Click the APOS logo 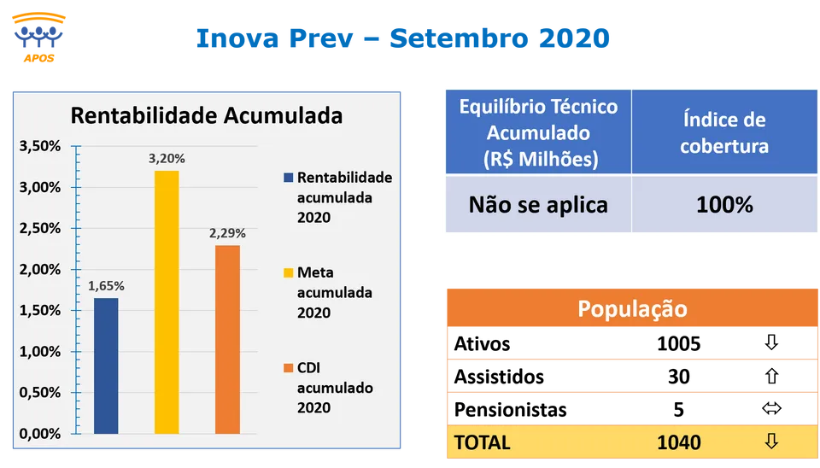pyautogui.click(x=38, y=38)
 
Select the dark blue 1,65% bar pyautogui.click(x=106, y=366)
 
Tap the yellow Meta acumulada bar pyautogui.click(x=167, y=302)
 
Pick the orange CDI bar pyautogui.click(x=227, y=340)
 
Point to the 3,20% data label pyautogui.click(x=167, y=159)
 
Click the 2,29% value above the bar pyautogui.click(x=227, y=233)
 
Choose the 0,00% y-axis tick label pyautogui.click(x=40, y=434)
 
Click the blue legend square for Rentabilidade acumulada pyautogui.click(x=288, y=178)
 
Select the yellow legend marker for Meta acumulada pyautogui.click(x=288, y=272)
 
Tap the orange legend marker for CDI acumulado pyautogui.click(x=288, y=367)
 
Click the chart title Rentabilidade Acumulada pyautogui.click(x=207, y=115)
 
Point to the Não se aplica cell pyautogui.click(x=538, y=204)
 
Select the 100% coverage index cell pyautogui.click(x=724, y=204)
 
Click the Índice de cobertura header pyautogui.click(x=724, y=132)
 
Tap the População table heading pyautogui.click(x=632, y=308)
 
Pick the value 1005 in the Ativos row pyautogui.click(x=679, y=343)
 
